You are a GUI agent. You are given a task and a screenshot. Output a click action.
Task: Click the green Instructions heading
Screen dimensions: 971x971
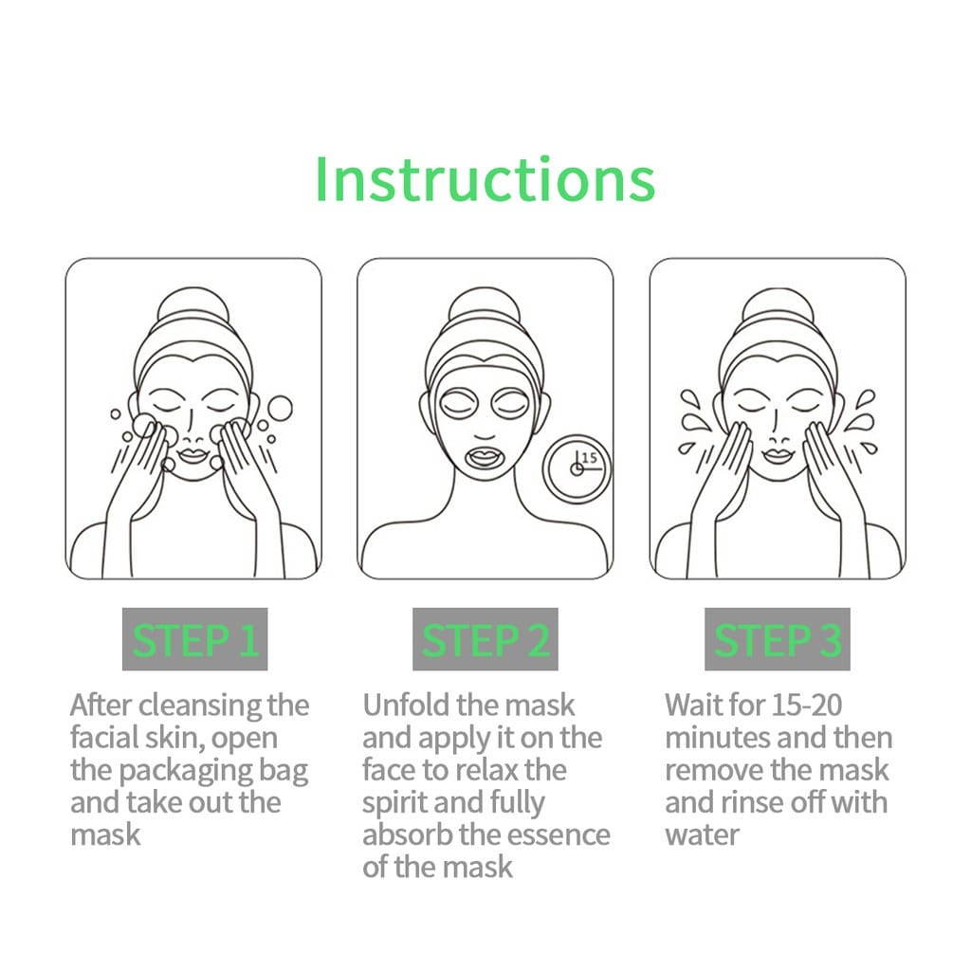pyautogui.click(x=485, y=178)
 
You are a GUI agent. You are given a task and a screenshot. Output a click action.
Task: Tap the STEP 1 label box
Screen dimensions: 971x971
pyautogui.click(x=194, y=640)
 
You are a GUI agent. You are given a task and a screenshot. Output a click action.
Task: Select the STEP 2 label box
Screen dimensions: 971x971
pyautogui.click(x=485, y=640)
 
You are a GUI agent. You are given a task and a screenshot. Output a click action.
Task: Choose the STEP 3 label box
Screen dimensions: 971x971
pyautogui.click(x=777, y=640)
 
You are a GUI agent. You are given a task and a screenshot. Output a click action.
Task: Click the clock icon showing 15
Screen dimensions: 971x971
pyautogui.click(x=577, y=467)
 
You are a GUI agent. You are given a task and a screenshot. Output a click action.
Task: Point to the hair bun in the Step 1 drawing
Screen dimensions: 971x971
pyautogui.click(x=193, y=309)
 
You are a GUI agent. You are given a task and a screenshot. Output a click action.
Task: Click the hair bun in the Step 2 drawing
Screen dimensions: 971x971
pyautogui.click(x=485, y=309)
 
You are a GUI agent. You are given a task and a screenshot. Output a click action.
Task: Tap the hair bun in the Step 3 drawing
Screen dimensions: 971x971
pyautogui.click(x=778, y=309)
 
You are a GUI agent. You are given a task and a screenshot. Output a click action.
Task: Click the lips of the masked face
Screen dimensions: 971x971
pyautogui.click(x=485, y=457)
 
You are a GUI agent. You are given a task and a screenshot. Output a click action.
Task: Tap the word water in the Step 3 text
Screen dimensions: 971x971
pyautogui.click(x=702, y=834)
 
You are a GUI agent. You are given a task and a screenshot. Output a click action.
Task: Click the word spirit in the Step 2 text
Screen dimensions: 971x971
pyautogui.click(x=396, y=802)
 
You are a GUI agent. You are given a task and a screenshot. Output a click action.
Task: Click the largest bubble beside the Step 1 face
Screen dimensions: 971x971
pyautogui.click(x=280, y=407)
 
